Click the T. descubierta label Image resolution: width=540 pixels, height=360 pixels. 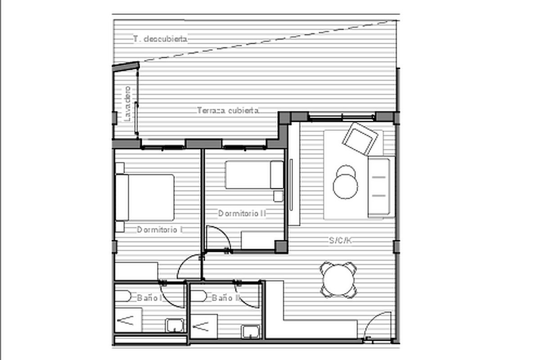[160, 39]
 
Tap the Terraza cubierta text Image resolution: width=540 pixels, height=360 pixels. [228, 110]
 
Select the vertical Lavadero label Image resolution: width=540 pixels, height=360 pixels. [127, 103]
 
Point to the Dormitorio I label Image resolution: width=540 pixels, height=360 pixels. [160, 229]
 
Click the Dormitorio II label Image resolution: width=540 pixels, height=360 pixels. [242, 213]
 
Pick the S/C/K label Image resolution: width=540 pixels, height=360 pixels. [340, 240]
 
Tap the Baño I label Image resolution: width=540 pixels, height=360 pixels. [149, 298]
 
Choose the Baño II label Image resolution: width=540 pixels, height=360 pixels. [226, 298]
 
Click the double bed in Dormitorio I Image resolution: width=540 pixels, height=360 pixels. [145, 198]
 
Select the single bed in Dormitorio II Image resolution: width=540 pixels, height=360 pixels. [254, 175]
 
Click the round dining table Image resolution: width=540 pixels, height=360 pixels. [338, 280]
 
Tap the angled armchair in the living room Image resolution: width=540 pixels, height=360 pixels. [360, 139]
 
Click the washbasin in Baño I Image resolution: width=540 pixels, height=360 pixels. [175, 325]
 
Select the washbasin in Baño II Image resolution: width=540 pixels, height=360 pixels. [251, 332]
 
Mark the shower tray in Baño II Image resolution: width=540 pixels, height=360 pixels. [204, 327]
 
